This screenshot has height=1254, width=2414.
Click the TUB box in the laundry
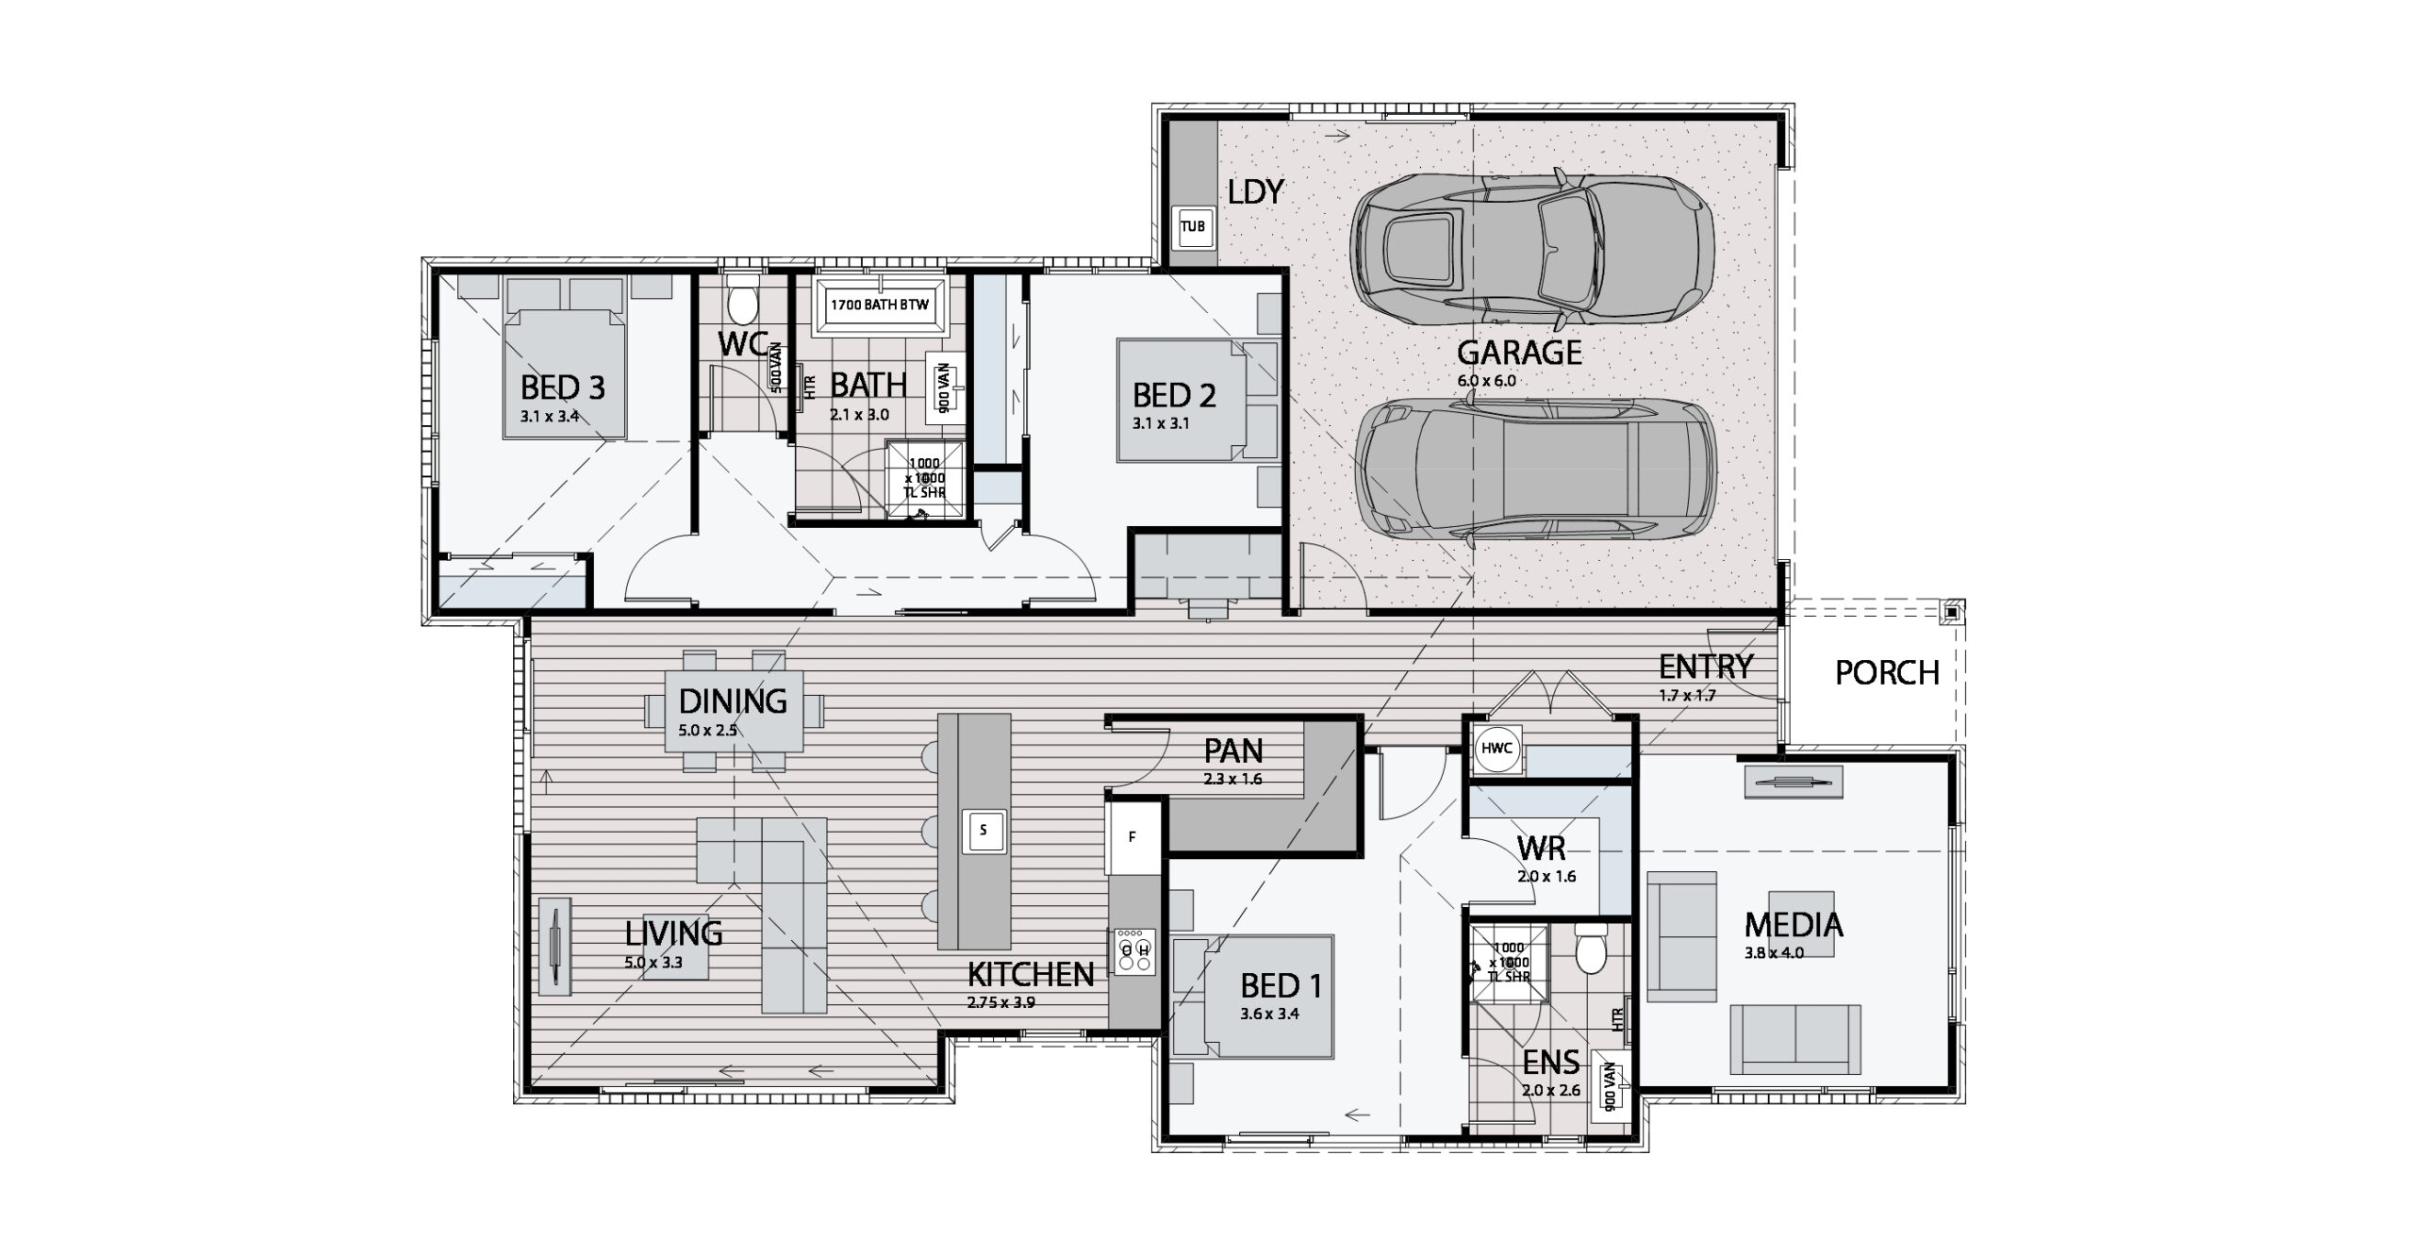click(1194, 227)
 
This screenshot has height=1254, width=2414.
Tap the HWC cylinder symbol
click(1496, 749)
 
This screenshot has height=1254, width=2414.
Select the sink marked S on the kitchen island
click(984, 831)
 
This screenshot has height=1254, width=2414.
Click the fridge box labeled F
click(1133, 836)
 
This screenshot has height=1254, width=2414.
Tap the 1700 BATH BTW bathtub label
click(879, 305)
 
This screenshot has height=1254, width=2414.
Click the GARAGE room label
click(1519, 353)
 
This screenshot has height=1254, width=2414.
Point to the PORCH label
click(1887, 673)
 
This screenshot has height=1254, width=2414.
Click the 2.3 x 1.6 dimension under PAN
click(1232, 780)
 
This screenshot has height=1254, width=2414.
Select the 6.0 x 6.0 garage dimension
click(1486, 381)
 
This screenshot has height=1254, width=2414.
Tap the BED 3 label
click(562, 388)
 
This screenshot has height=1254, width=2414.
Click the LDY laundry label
click(1255, 192)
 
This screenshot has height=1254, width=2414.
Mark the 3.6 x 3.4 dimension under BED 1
click(1269, 1015)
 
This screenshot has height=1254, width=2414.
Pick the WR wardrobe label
click(1542, 850)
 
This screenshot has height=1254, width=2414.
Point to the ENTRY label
click(1706, 668)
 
